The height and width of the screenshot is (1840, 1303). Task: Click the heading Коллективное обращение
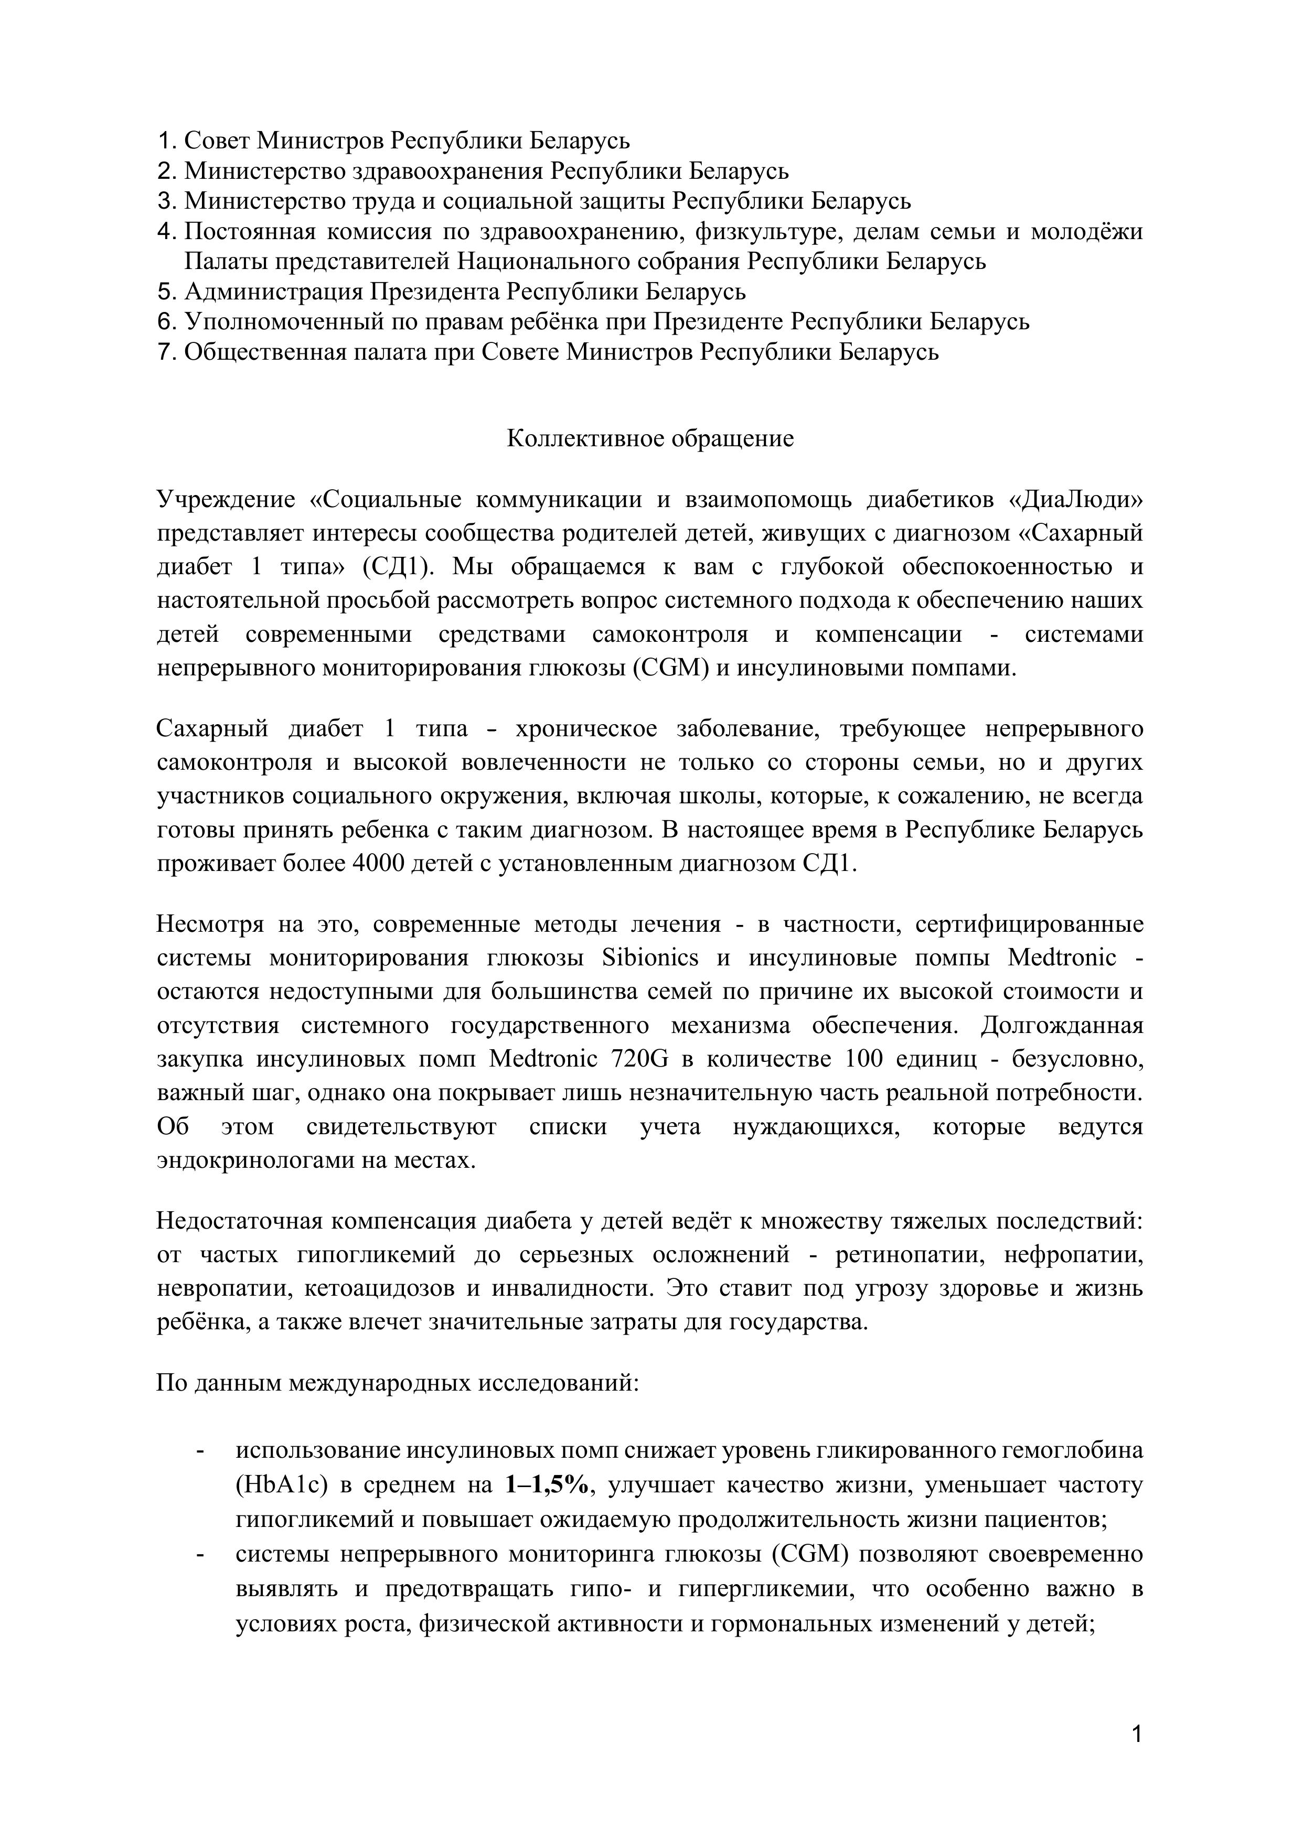[650, 439]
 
